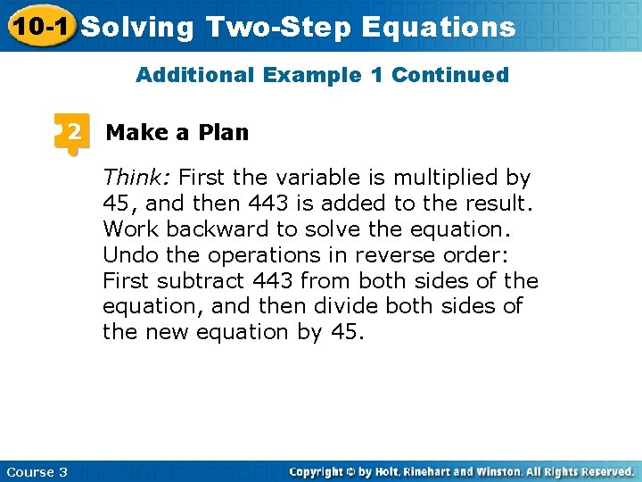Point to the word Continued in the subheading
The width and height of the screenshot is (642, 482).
pos(450,75)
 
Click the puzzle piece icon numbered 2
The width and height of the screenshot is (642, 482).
pos(70,134)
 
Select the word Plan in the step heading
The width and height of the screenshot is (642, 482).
pos(224,133)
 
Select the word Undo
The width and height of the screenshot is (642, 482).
pos(128,255)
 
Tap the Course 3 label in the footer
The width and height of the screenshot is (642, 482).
pos(37,471)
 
